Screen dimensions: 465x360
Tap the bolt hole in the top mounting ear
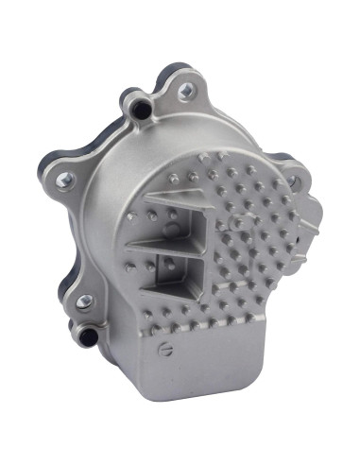click(x=185, y=91)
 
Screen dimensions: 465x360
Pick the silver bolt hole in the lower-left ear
click(x=84, y=301)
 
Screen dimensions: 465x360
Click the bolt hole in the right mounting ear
click(x=292, y=181)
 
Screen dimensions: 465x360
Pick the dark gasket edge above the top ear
click(x=175, y=68)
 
